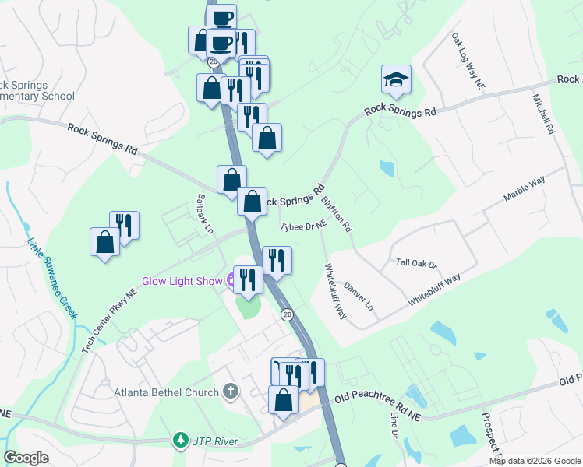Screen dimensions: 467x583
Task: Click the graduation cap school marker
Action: pyautogui.click(x=396, y=79)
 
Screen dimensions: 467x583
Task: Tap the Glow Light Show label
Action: pyautogui.click(x=182, y=281)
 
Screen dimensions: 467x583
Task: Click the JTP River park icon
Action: pyautogui.click(x=181, y=441)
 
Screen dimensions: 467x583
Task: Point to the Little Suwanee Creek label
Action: pyautogui.click(x=52, y=278)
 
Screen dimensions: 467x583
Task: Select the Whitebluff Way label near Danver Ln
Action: pyautogui.click(x=335, y=290)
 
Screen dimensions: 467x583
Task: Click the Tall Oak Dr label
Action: pyautogui.click(x=417, y=263)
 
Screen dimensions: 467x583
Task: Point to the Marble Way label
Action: pyautogui.click(x=524, y=189)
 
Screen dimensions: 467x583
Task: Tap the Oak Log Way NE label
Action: pyautogui.click(x=468, y=61)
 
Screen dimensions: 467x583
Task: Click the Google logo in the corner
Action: pyautogui.click(x=26, y=458)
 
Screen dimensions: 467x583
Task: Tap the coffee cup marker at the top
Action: pyautogui.click(x=221, y=17)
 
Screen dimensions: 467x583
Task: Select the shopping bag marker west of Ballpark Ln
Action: pyautogui.click(x=104, y=242)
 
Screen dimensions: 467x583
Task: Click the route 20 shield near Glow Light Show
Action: pyautogui.click(x=287, y=314)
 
